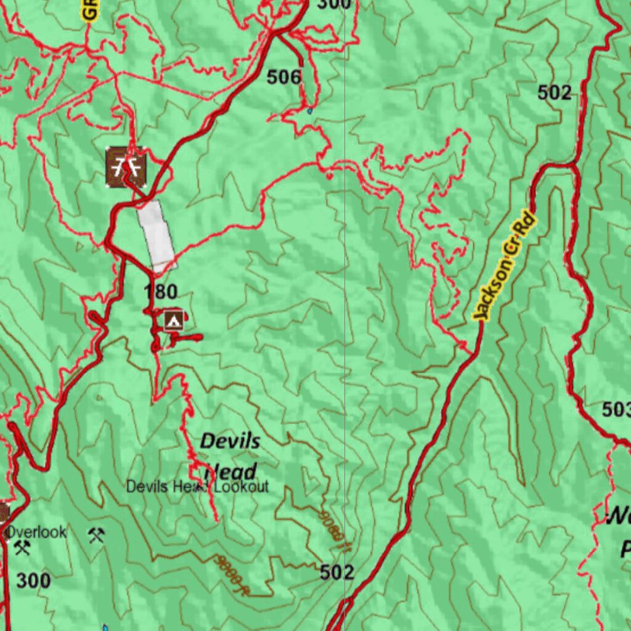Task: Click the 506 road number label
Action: click(284, 77)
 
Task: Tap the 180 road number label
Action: click(161, 291)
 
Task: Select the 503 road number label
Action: click(616, 409)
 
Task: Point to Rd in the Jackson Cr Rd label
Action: click(526, 226)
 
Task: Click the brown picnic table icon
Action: click(126, 166)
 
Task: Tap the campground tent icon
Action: click(174, 320)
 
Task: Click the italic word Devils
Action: click(230, 441)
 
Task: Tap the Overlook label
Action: click(36, 532)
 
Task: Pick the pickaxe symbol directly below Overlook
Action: click(23, 547)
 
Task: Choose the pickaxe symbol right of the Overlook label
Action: click(96, 534)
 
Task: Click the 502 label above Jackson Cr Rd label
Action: click(554, 92)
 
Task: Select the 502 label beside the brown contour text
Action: click(337, 572)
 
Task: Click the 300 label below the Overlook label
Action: click(33, 580)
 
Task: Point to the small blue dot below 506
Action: click(309, 112)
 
